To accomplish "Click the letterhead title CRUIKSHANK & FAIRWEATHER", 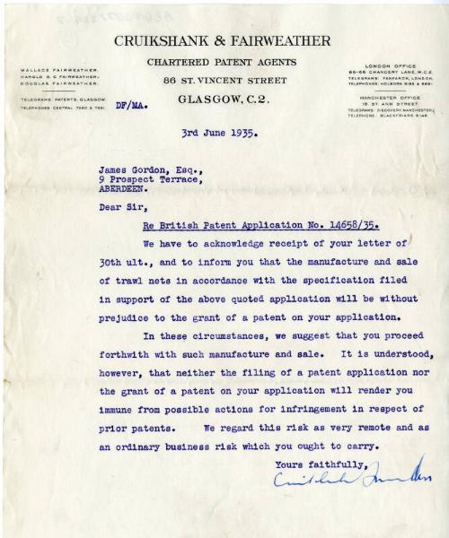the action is tap(222, 40).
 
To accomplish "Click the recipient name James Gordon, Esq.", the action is tap(148, 168).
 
